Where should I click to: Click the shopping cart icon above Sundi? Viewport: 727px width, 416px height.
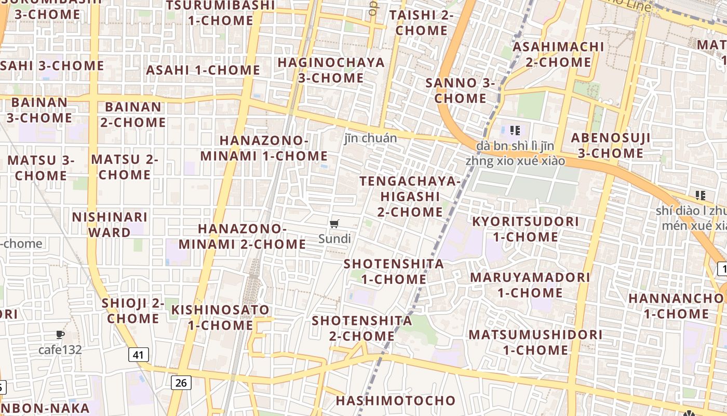(334, 224)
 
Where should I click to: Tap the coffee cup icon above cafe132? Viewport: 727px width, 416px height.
(60, 334)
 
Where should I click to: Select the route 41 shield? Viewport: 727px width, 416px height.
(138, 355)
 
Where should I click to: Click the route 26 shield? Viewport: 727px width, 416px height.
(181, 383)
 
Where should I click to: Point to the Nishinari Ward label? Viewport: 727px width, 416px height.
(110, 225)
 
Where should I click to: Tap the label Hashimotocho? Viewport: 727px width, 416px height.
(395, 401)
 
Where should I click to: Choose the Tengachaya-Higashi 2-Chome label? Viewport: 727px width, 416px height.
(410, 197)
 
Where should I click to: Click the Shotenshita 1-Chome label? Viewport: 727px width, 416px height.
(394, 271)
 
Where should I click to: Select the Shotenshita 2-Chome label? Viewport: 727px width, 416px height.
(362, 328)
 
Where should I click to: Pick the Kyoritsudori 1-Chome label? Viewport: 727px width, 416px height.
(525, 229)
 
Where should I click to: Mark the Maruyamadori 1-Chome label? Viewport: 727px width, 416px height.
(530, 285)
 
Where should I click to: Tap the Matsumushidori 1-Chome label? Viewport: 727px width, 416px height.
(535, 342)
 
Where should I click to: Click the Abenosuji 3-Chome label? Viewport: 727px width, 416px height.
(611, 146)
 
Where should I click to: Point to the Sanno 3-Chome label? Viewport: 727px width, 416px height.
(460, 90)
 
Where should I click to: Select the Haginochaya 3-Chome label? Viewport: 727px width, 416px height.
(331, 70)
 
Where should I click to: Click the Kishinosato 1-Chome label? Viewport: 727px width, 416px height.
(221, 318)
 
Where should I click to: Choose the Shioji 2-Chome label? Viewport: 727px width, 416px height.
(133, 310)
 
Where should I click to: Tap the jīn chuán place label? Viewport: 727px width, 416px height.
(371, 138)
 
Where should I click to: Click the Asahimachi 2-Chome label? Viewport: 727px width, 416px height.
(558, 55)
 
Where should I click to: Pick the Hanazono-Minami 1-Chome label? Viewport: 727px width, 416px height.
(264, 148)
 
